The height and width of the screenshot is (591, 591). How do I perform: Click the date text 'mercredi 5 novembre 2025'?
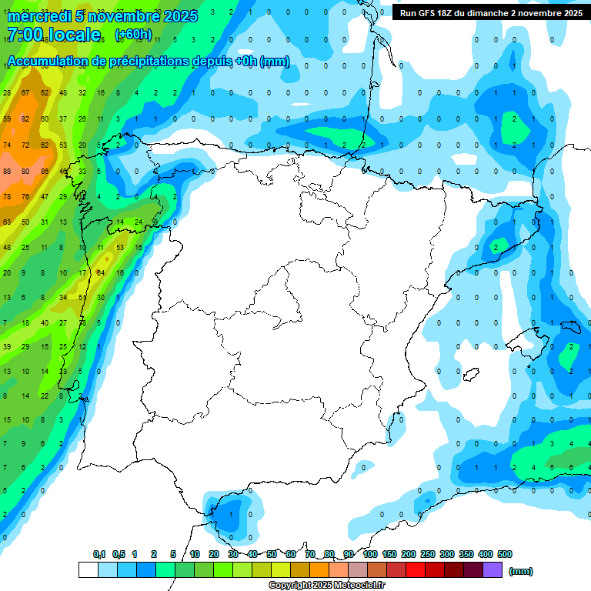pos(102,16)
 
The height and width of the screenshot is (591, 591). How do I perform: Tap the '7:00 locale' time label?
pos(54,35)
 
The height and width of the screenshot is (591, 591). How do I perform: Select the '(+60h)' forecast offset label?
pos(133,35)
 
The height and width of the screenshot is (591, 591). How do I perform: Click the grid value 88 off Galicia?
pos(7,171)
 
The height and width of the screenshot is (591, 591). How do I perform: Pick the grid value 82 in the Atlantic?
pos(25,119)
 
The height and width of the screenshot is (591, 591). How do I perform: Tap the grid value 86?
pos(44,171)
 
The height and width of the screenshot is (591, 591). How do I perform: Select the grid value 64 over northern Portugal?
pos(101,272)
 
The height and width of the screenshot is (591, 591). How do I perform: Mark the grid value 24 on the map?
pos(139,222)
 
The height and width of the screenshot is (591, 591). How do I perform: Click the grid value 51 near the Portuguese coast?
pos(82,297)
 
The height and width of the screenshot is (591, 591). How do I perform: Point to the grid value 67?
pos(25,92)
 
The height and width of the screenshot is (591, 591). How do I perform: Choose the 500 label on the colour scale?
pos(505,554)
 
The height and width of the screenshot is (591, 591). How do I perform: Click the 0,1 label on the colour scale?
pos(99,554)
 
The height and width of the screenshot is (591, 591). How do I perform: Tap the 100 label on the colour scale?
pos(370,554)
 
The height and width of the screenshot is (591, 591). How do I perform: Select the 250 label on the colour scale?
pos(428,554)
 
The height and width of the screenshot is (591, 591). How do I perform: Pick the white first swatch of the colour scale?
pos(88,570)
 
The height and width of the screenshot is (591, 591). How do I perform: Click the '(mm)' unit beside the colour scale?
pos(521,571)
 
